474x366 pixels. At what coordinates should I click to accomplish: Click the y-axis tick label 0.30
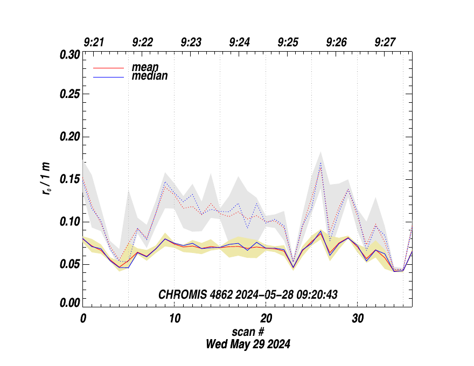(x=69, y=55)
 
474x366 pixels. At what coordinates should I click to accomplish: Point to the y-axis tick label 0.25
(x=69, y=95)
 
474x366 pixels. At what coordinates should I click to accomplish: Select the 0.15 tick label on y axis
(x=69, y=179)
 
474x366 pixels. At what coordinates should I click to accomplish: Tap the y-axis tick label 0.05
(x=69, y=264)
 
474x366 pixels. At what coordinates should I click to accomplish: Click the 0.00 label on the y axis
(x=69, y=303)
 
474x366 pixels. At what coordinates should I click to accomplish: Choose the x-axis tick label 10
(x=175, y=318)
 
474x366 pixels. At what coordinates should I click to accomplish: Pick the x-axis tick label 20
(x=266, y=318)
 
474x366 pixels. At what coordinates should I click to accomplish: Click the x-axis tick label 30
(x=357, y=318)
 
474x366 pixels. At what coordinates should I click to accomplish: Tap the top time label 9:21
(x=94, y=43)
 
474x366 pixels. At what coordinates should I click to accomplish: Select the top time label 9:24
(x=239, y=43)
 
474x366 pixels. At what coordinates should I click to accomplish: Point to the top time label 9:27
(x=385, y=43)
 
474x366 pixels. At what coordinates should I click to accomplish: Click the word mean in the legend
(x=145, y=67)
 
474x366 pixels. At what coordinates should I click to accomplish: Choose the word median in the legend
(x=150, y=76)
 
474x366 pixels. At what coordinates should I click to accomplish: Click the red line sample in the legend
(x=109, y=68)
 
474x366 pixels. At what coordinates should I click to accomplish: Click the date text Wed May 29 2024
(x=248, y=344)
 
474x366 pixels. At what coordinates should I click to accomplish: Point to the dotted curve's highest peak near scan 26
(x=320, y=163)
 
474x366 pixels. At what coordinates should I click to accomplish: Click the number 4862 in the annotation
(x=219, y=294)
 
